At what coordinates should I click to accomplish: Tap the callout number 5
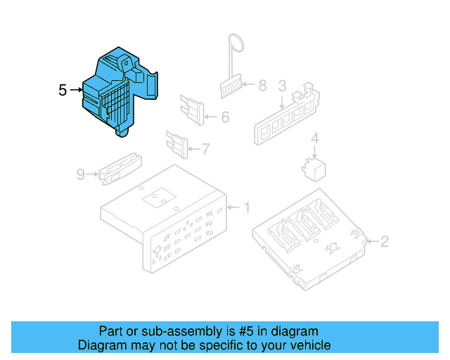[63, 90]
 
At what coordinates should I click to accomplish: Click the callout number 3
[281, 86]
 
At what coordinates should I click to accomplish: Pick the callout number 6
[224, 117]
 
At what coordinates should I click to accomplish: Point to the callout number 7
[205, 148]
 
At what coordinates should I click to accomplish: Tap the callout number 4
[315, 138]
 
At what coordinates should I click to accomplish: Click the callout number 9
[80, 173]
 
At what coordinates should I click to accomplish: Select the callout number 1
[246, 207]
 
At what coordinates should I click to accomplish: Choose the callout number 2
[384, 242]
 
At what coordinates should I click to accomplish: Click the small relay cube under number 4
[313, 167]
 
